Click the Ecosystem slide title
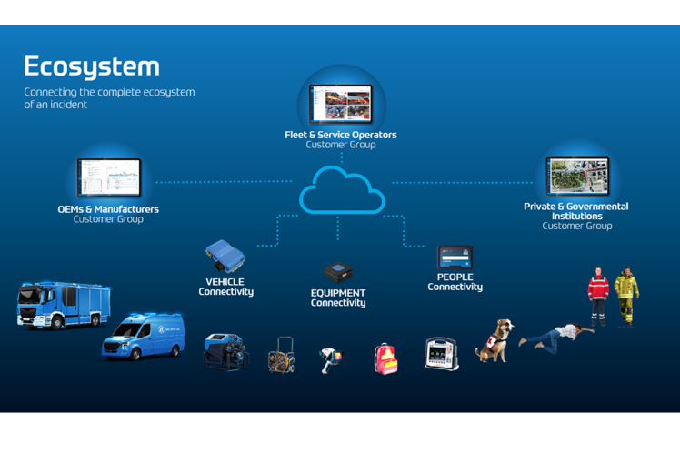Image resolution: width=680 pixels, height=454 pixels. click(x=91, y=66)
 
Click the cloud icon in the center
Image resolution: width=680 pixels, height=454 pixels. click(x=341, y=190)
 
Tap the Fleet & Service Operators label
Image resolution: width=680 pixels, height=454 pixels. click(x=341, y=135)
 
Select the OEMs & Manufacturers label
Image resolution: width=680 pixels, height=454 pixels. click(x=108, y=209)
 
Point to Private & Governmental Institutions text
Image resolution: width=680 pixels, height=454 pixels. click(x=575, y=211)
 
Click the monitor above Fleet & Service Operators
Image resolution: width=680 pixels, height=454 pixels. click(x=341, y=105)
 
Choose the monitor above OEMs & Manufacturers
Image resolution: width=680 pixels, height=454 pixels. click(x=109, y=177)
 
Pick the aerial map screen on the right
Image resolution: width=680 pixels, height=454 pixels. click(x=576, y=177)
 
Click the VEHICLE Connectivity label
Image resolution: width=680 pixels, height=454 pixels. click(x=225, y=288)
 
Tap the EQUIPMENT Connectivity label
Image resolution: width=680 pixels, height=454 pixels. click(x=338, y=298)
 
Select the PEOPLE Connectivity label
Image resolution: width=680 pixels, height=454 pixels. click(x=455, y=282)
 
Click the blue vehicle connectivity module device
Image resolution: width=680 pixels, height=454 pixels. click(x=224, y=256)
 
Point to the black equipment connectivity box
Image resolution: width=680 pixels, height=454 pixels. click(x=338, y=272)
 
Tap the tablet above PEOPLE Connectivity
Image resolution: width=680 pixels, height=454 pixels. click(x=455, y=257)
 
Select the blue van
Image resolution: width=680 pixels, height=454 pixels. click(x=144, y=336)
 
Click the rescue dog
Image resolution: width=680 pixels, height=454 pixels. click(x=495, y=341)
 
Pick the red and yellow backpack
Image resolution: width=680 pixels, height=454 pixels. click(x=385, y=358)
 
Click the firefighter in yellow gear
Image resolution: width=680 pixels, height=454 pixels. click(x=625, y=295)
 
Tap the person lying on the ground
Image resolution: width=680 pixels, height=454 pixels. click(x=555, y=336)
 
